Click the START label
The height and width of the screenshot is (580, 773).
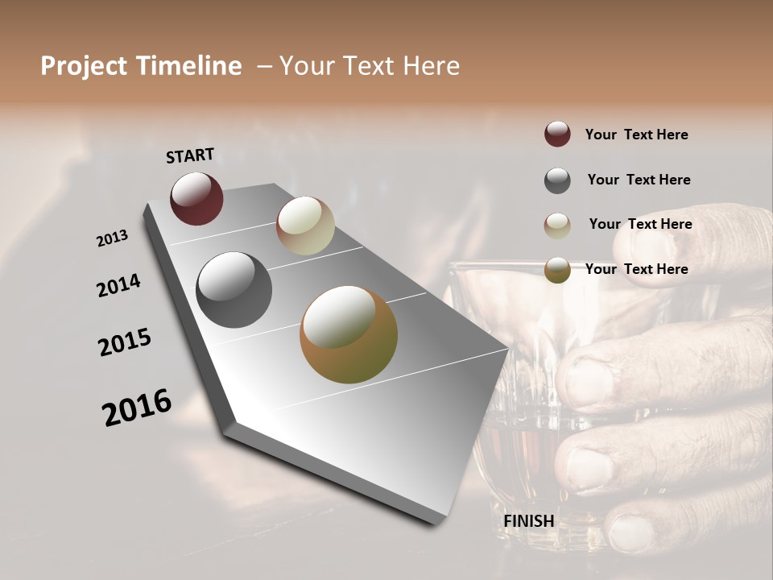click(x=190, y=155)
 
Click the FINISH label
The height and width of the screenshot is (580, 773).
click(x=528, y=521)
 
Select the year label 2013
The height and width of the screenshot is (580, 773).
click(x=112, y=238)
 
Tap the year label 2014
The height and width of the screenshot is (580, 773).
click(x=118, y=285)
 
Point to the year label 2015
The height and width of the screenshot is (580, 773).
click(x=125, y=342)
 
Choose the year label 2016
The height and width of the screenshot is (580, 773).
click(x=137, y=408)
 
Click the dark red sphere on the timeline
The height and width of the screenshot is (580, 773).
click(x=196, y=198)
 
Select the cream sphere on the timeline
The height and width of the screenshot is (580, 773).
click(x=305, y=226)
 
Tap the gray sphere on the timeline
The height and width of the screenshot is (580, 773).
click(x=234, y=290)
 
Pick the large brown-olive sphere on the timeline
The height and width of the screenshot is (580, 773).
click(x=349, y=334)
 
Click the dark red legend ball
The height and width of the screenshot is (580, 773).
click(x=557, y=135)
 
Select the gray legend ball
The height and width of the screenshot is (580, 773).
click(x=557, y=180)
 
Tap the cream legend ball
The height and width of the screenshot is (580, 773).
click(x=557, y=225)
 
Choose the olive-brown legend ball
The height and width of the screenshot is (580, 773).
click(x=557, y=270)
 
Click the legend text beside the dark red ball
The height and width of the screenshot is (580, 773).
click(x=636, y=135)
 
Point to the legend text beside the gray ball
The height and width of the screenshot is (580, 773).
click(x=639, y=180)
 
